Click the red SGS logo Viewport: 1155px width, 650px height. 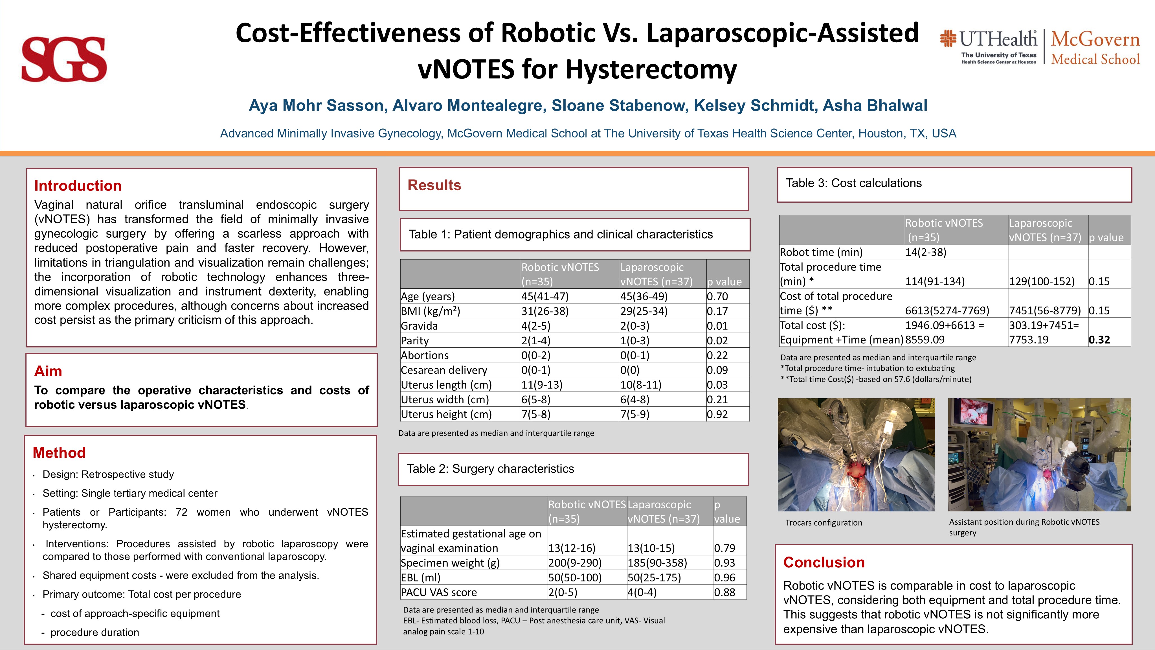coord(64,59)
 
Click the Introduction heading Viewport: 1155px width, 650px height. coord(78,186)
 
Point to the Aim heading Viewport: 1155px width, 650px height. coord(48,371)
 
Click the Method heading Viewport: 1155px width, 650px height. coord(59,453)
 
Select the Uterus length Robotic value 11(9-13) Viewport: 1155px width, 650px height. coord(542,385)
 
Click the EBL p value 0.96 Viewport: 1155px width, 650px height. coord(724,578)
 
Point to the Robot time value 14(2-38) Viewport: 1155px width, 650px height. coord(925,252)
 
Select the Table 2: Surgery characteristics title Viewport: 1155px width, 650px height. coord(490,469)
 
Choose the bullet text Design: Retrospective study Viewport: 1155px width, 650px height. coord(108,475)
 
